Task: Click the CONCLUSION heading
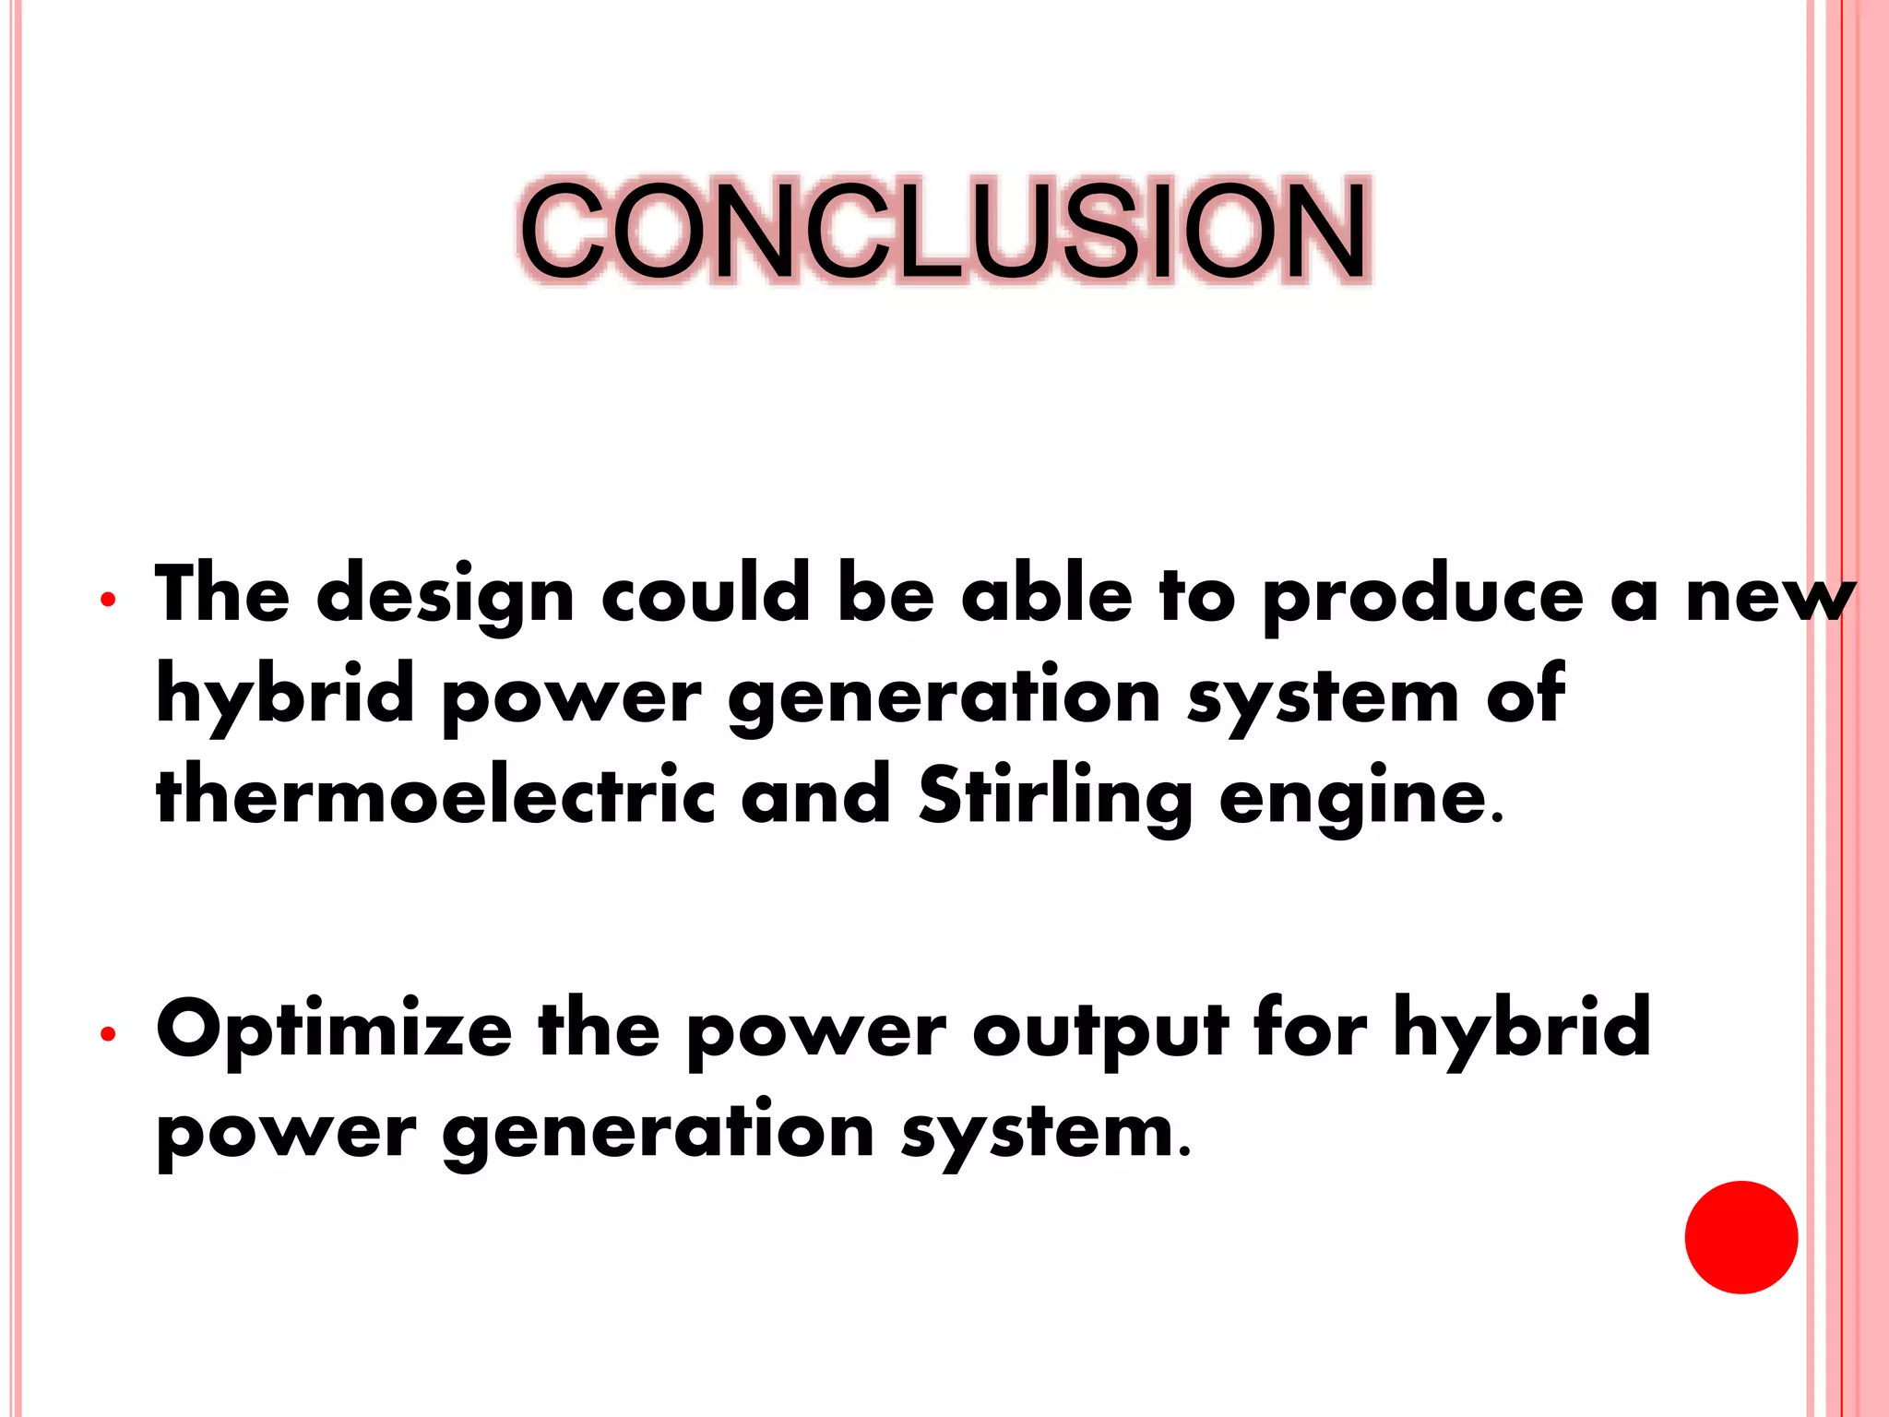pyautogui.click(x=944, y=231)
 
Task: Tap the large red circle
pyautogui.click(x=1740, y=1237)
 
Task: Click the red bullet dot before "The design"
pyautogui.click(x=108, y=600)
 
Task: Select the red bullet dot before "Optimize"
pyautogui.click(x=108, y=1034)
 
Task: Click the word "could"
pyautogui.click(x=706, y=595)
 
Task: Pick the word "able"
pyautogui.click(x=1046, y=595)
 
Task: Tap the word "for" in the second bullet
pyautogui.click(x=1311, y=1028)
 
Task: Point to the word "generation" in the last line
pyautogui.click(x=659, y=1132)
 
